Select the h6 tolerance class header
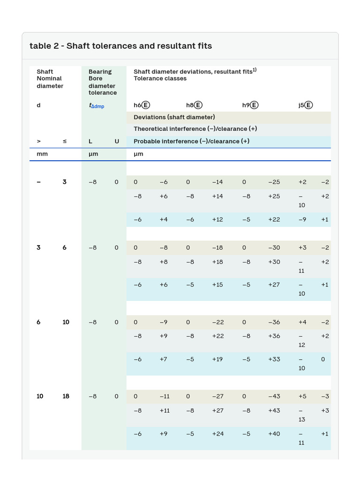pos(142,105)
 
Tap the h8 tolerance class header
pos(194,105)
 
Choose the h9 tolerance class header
pos(250,105)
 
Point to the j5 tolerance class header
pos(305,105)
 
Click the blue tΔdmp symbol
pos(97,106)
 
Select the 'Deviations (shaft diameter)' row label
pos(174,117)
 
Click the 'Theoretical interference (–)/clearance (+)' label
pos(195,129)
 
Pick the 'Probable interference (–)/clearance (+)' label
pos(191,141)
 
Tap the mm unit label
pos(42,154)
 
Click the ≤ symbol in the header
pos(65,141)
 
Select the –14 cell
pos(217,182)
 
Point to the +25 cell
pos(274,196)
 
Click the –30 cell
pos(274,247)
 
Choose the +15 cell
pos(217,285)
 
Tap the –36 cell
pos(274,322)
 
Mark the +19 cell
pos(217,359)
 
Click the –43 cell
pos(274,396)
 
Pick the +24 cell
pos(217,434)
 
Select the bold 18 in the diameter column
pos(66,396)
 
